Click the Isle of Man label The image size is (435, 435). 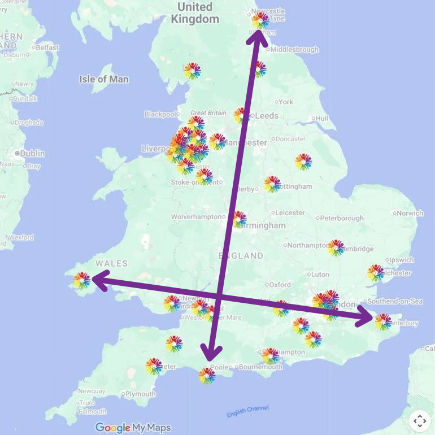click(x=104, y=79)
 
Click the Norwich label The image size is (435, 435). click(x=410, y=213)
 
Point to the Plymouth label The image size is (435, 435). click(x=140, y=394)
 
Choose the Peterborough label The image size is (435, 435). click(x=342, y=218)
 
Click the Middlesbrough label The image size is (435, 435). click(x=294, y=50)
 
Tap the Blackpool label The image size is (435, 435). click(x=160, y=114)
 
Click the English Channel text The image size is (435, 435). click(x=248, y=412)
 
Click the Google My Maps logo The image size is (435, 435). click(x=133, y=428)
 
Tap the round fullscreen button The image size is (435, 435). click(x=420, y=420)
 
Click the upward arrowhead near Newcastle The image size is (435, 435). click(x=255, y=34)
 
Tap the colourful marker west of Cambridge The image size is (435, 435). click(x=336, y=247)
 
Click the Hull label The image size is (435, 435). click(x=322, y=119)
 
